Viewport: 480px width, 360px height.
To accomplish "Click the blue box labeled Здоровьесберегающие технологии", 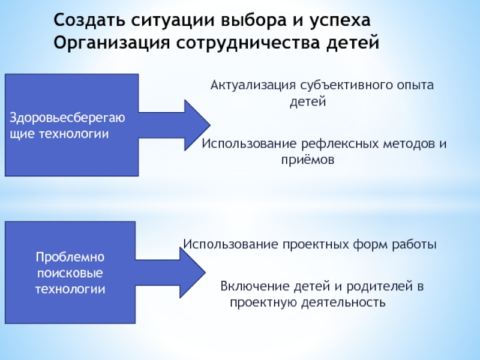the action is pos(71,125).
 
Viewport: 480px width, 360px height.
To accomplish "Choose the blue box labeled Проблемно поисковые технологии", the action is pos(70,272).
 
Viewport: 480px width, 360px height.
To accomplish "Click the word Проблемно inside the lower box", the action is pos(70,257).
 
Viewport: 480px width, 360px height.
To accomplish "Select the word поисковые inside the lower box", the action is pos(70,273).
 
